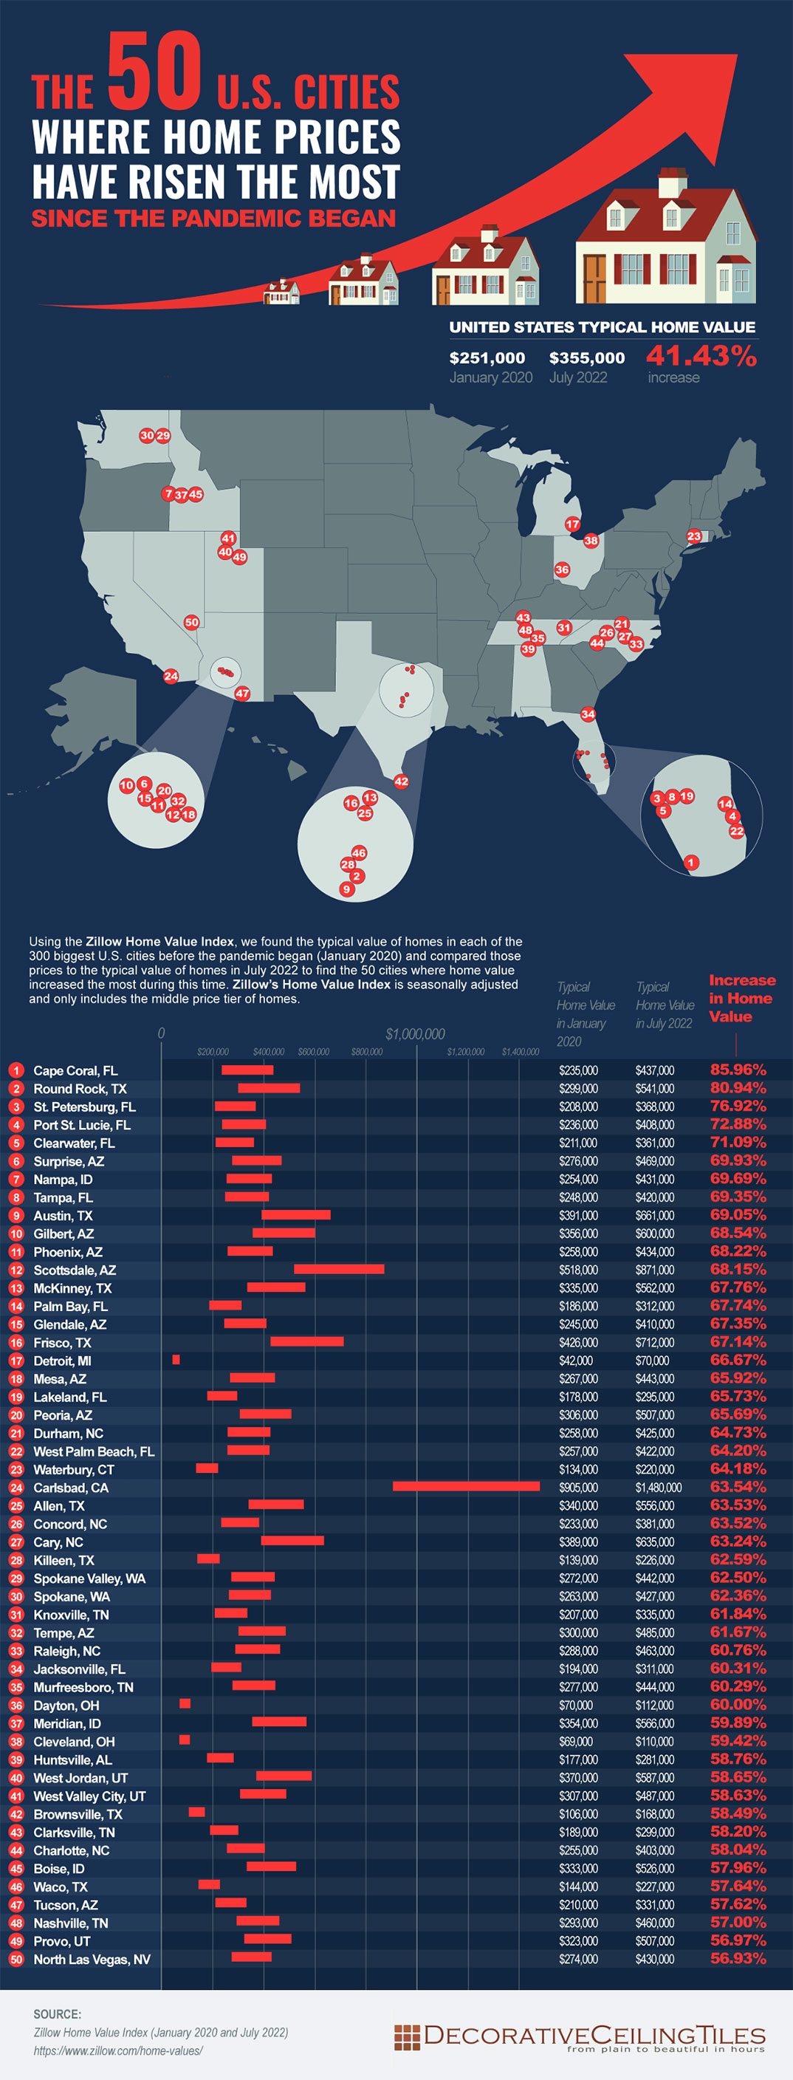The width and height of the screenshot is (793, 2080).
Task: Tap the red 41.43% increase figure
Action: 701,355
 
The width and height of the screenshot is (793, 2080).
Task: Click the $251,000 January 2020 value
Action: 487,357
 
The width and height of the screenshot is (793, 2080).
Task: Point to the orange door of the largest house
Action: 594,278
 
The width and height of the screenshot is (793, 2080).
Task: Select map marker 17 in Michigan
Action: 572,524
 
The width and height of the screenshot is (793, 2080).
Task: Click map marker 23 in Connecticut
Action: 693,536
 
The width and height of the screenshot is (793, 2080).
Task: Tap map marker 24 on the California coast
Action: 171,677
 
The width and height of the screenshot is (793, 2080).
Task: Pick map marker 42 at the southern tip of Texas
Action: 400,781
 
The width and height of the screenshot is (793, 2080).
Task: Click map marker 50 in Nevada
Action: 191,623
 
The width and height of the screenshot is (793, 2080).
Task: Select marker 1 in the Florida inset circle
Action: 690,863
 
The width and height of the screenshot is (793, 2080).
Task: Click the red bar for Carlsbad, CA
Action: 466,1485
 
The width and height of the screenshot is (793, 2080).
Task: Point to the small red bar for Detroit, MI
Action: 176,1360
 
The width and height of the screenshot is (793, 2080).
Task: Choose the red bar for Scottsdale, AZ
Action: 339,1269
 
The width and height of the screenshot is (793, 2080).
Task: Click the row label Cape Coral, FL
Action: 75,1071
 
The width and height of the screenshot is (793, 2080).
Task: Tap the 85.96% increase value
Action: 738,1070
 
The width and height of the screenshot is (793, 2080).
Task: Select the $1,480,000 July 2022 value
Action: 658,1488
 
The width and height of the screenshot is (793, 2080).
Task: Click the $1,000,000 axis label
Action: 415,1034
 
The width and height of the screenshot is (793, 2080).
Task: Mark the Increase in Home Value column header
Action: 741,998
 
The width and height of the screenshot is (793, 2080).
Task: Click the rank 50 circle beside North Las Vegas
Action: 16,1960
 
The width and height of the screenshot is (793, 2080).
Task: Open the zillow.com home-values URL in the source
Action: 118,2050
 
